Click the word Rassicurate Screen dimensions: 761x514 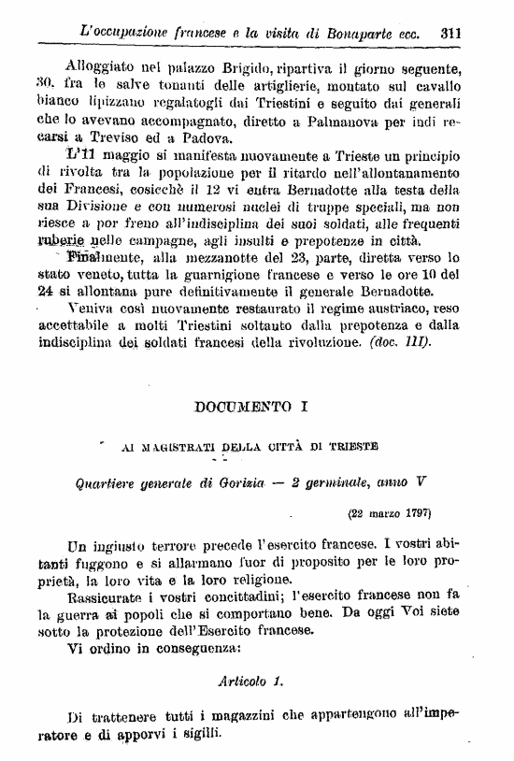tap(108, 596)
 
